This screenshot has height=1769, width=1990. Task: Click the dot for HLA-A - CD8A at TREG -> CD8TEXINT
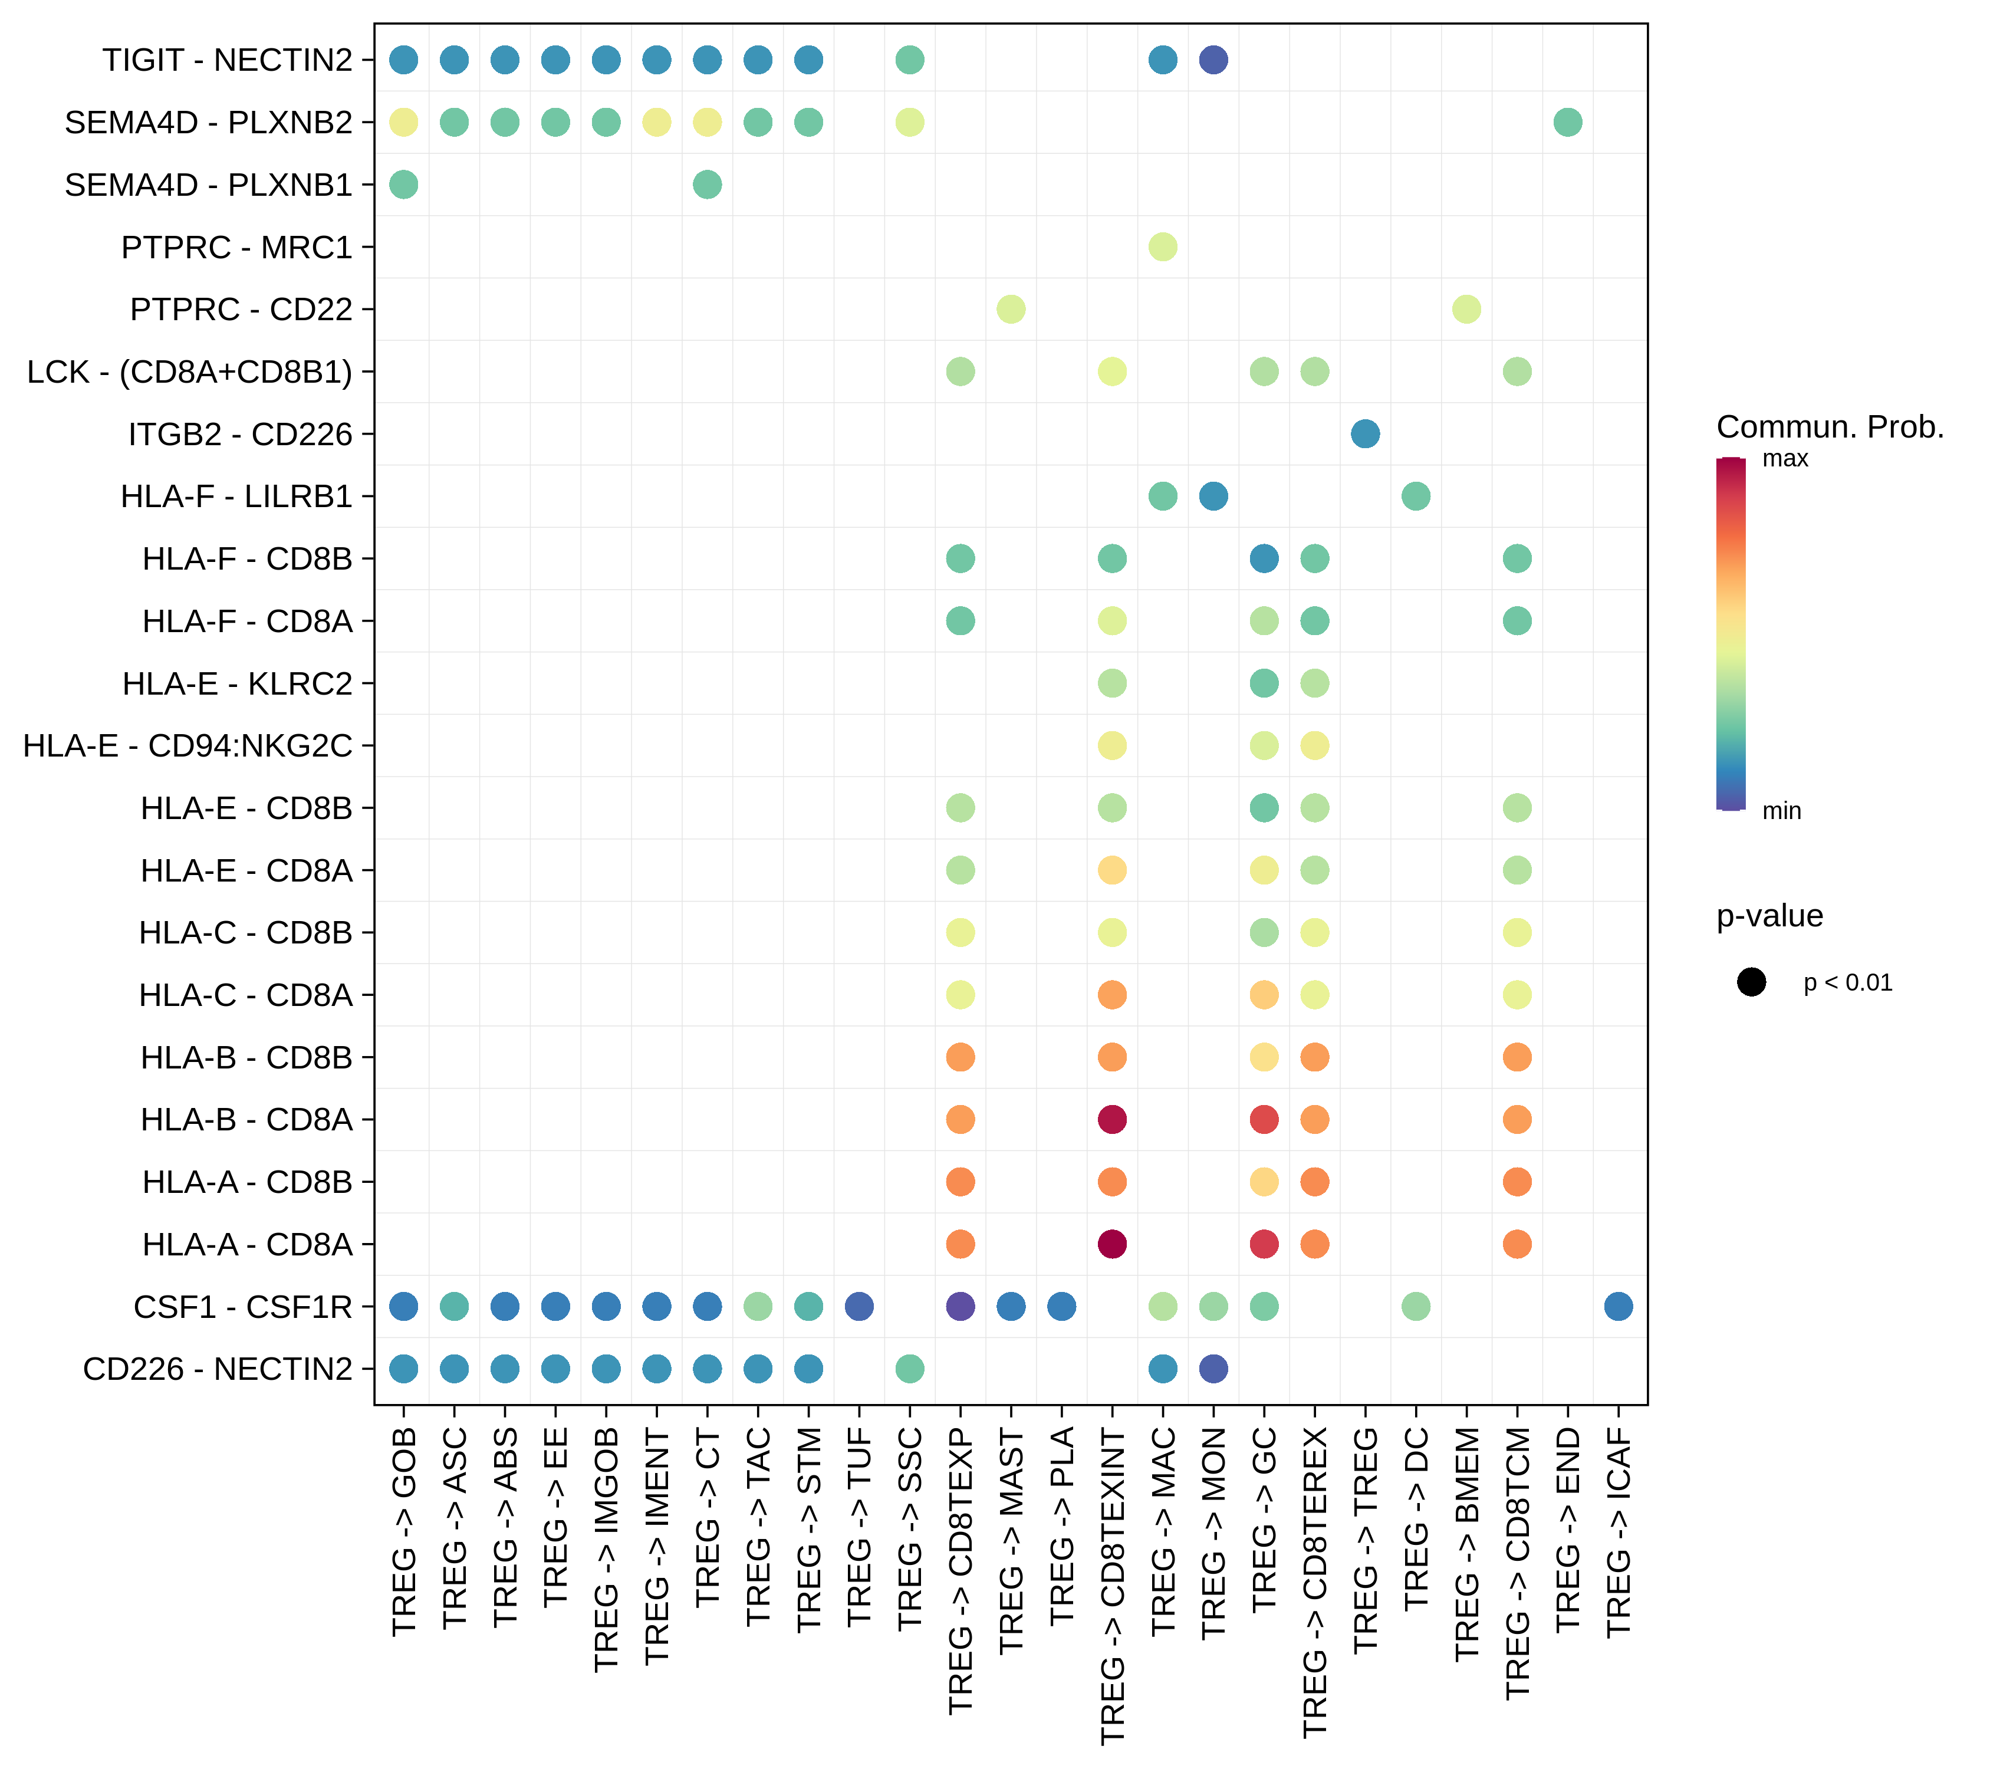coord(1112,1244)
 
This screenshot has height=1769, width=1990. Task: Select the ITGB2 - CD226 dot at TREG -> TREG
coord(1365,434)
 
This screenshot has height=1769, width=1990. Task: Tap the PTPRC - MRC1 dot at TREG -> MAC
coord(1163,247)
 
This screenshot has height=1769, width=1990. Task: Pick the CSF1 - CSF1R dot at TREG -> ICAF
coord(1618,1307)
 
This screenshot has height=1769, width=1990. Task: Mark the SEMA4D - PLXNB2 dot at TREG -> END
coord(1567,123)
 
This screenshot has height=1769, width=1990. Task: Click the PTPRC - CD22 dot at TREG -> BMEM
coord(1466,310)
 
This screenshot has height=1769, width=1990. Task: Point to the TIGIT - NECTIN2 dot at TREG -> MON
coord(1213,60)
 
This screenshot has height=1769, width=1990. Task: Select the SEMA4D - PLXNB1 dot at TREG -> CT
coord(708,185)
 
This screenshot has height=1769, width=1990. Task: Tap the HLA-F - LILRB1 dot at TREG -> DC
coord(1416,496)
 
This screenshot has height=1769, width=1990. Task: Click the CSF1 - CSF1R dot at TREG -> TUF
coord(859,1307)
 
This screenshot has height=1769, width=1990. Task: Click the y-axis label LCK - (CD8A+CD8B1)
coord(190,372)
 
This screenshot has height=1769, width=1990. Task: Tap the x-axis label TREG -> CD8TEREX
coord(1314,1582)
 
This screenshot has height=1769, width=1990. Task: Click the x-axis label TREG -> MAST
coord(1011,1540)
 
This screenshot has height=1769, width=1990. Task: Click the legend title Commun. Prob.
coord(1830,426)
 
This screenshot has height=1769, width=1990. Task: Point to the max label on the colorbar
coord(1785,459)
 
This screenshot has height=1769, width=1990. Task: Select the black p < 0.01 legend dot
coord(1751,982)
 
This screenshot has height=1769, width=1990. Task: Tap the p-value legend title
coord(1769,916)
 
